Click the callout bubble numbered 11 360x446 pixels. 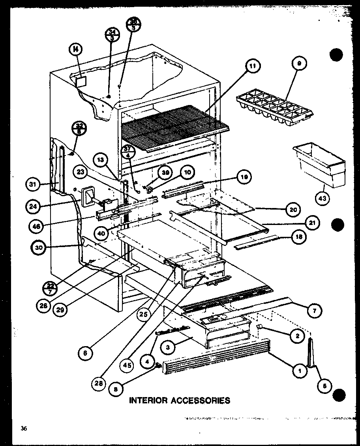[252, 66]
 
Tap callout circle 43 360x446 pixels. [322, 199]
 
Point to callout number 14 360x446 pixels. [75, 50]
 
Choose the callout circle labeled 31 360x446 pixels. [34, 184]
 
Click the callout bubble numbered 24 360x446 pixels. [34, 206]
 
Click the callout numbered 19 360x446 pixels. [244, 177]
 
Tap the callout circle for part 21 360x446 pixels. [312, 223]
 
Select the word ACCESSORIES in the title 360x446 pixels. [201, 400]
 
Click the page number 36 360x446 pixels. [24, 429]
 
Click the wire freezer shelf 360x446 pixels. [174, 126]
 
